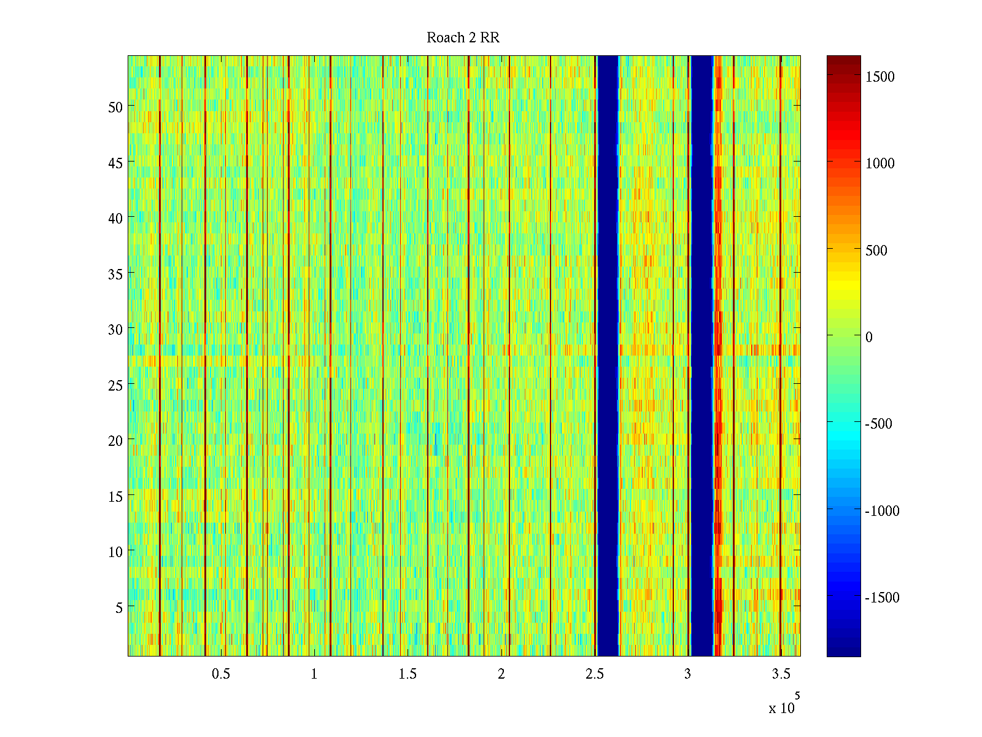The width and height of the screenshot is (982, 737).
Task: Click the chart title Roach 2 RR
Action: [x=463, y=38]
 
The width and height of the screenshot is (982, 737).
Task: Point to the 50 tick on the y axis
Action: [x=115, y=107]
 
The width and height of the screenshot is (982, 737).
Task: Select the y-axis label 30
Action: [x=115, y=329]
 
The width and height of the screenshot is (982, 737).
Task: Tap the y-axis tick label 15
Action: [x=115, y=496]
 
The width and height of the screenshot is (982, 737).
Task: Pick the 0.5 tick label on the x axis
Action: [x=221, y=674]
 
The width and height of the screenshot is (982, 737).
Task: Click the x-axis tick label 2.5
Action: [x=594, y=674]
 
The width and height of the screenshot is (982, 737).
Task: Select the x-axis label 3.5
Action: [x=781, y=674]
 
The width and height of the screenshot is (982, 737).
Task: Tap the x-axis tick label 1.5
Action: [x=408, y=674]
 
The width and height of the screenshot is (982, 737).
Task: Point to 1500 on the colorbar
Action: [x=880, y=77]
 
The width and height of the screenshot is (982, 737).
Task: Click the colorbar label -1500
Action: [x=881, y=598]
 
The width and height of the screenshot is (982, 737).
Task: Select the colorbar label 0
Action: [x=868, y=337]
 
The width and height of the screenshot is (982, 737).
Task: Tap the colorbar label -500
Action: [x=878, y=424]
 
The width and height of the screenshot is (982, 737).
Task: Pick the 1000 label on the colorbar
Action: [x=880, y=163]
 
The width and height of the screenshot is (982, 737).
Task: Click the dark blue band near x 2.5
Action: [x=608, y=356]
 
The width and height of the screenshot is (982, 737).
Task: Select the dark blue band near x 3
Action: [x=702, y=356]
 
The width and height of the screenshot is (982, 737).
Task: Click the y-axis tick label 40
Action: [x=115, y=218]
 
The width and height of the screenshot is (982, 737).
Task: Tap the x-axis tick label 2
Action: [x=501, y=674]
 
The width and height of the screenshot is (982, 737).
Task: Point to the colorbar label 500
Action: [x=876, y=251]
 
